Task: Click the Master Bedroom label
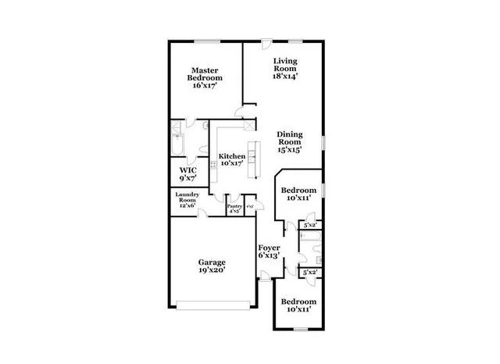point(205,73)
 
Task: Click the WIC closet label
point(187,170)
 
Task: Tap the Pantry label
point(234,205)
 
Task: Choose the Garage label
point(211,262)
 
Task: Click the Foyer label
point(270,248)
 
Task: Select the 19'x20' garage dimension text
point(211,272)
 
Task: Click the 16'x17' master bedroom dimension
point(205,85)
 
